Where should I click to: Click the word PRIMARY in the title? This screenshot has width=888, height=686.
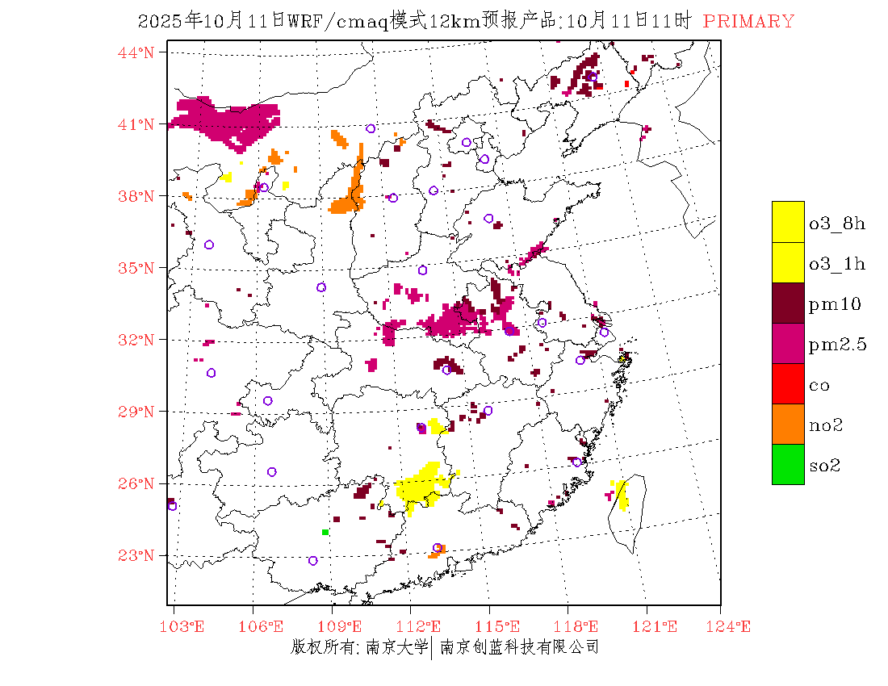tap(748, 22)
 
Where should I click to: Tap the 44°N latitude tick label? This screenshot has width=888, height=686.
tap(136, 52)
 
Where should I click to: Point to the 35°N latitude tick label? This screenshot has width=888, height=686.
tap(136, 268)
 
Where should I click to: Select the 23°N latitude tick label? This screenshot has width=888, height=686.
tap(136, 555)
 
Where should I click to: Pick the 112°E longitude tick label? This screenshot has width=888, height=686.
tap(423, 626)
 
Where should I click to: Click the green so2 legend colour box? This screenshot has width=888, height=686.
tap(788, 464)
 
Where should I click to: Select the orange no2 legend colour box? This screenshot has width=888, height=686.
tap(788, 424)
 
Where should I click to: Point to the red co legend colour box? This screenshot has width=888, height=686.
tap(788, 383)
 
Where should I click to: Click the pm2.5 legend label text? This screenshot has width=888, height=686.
tap(837, 345)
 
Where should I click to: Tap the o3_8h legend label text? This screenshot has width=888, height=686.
tap(836, 224)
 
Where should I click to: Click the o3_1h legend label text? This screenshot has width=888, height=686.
tap(836, 264)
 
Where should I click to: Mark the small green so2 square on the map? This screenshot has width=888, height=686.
tap(325, 532)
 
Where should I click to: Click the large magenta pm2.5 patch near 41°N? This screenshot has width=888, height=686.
tap(230, 121)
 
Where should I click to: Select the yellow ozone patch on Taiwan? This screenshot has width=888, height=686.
tap(622, 495)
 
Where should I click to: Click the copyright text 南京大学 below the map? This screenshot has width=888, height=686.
tap(396, 647)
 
